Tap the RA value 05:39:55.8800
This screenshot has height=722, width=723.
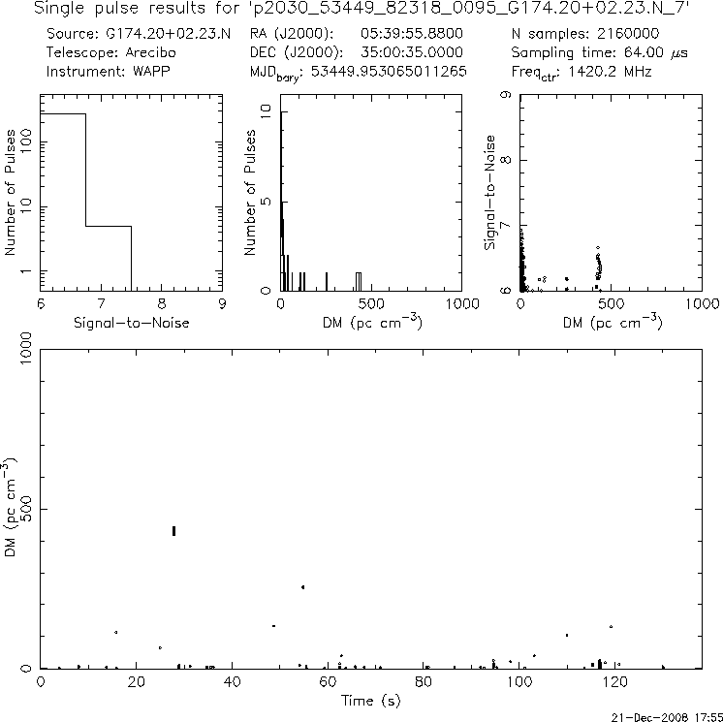point(412,33)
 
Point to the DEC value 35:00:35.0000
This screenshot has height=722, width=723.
point(412,52)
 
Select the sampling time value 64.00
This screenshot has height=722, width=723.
point(639,52)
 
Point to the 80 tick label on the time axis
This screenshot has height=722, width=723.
point(424,682)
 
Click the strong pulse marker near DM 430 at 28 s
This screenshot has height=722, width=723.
point(173,530)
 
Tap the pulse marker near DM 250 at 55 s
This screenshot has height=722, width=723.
point(303,587)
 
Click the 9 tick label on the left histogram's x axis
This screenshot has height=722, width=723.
point(222,303)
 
